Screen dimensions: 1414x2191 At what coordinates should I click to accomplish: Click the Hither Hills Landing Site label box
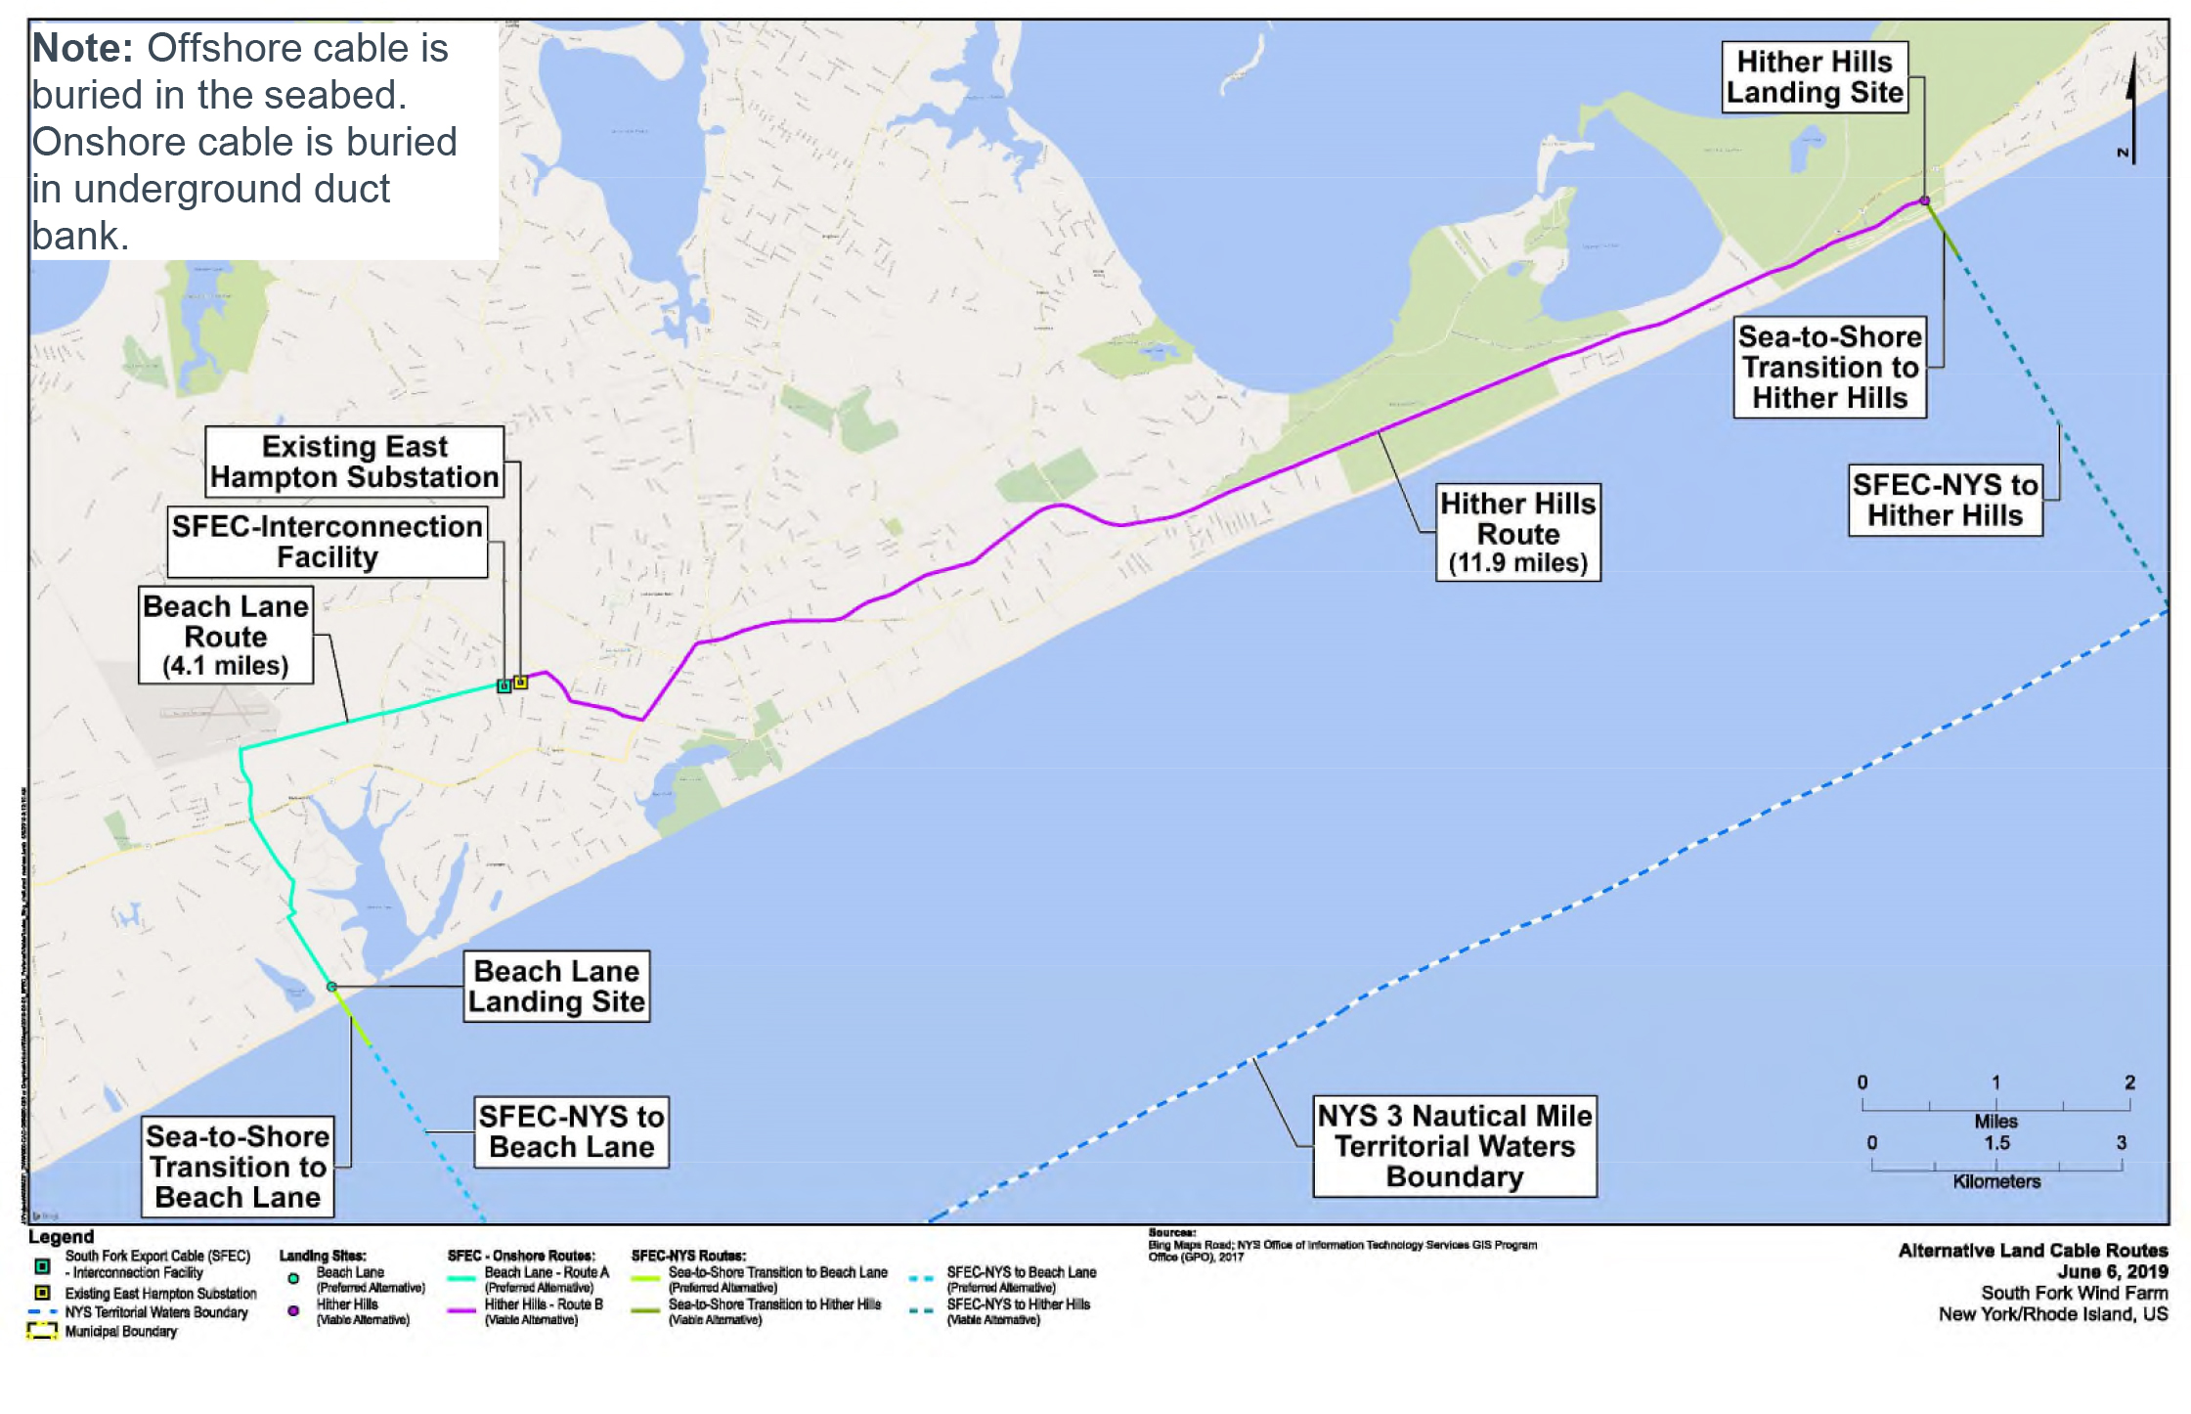coord(1814,76)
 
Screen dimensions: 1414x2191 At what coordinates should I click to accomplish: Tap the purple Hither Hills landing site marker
coord(1924,200)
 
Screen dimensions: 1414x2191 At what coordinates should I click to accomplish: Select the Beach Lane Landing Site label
coord(556,986)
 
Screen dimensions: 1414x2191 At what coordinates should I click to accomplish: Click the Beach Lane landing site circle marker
coord(331,987)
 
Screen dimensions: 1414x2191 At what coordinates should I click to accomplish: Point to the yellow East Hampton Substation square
coord(521,682)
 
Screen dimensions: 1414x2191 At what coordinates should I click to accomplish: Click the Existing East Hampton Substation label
coord(354,462)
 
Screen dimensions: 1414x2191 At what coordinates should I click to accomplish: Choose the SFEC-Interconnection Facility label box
coord(327,541)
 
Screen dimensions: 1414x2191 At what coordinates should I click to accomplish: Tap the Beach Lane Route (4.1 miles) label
coord(226,635)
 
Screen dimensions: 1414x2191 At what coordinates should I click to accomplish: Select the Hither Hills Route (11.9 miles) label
coord(1517,532)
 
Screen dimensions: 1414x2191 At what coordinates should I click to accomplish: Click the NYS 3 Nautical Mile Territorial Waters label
coord(1454,1145)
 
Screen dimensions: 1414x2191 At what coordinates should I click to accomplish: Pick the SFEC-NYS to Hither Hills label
coord(1945,500)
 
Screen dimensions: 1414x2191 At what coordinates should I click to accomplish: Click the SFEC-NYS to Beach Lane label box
coord(571,1131)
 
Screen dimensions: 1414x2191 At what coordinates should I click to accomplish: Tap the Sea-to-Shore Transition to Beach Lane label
coord(238,1166)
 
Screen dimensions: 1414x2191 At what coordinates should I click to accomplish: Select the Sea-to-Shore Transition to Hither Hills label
coord(1829,367)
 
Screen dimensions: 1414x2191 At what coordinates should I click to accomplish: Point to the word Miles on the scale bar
coord(1994,1121)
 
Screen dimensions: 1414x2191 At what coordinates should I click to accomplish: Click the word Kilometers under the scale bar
coord(1995,1181)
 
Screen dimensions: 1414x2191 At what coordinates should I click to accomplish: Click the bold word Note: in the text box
coord(82,48)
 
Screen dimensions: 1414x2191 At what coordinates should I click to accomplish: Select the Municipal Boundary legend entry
coord(120,1331)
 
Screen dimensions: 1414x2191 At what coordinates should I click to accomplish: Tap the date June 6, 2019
coord(2112,1271)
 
